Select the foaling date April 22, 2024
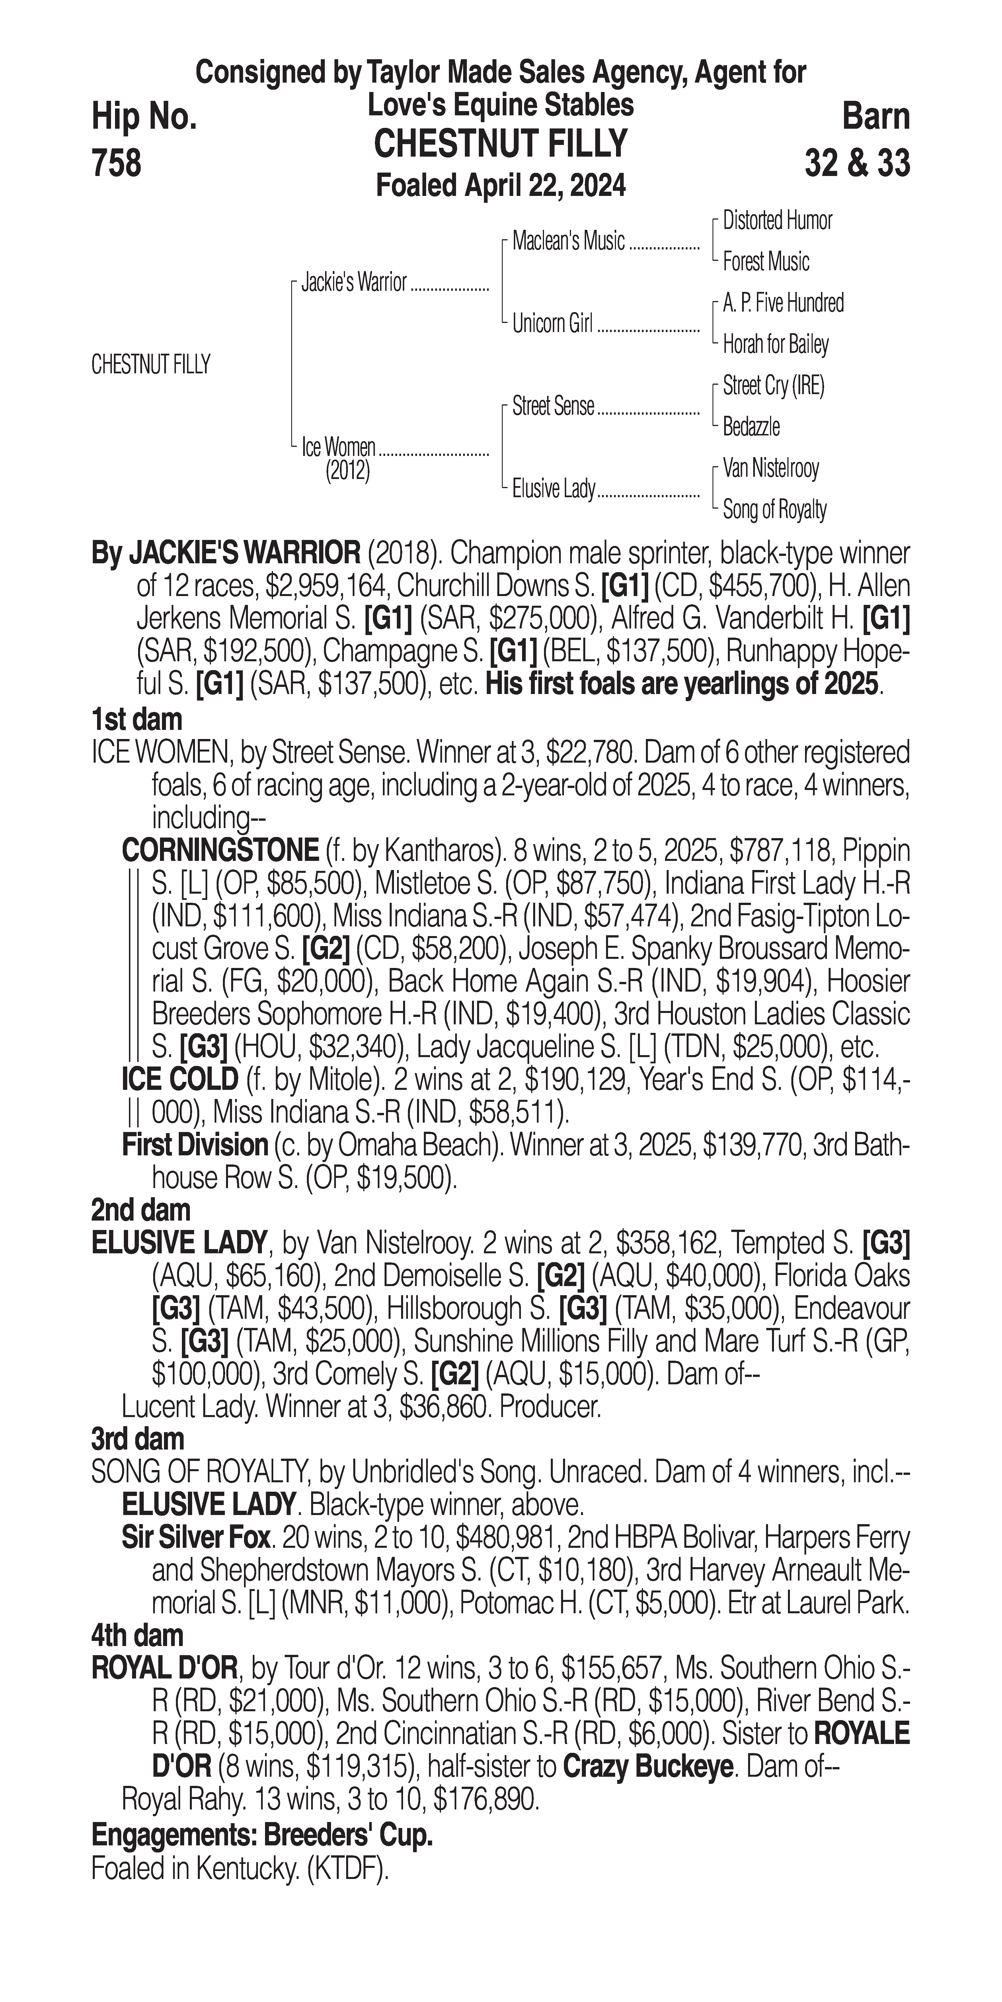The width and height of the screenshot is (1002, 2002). [501, 186]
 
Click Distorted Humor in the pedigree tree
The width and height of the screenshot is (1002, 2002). [777, 221]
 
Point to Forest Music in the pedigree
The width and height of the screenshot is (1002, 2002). [766, 262]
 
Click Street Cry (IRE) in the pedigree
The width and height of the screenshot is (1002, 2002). [773, 386]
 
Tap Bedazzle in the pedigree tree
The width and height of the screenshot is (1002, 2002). [751, 427]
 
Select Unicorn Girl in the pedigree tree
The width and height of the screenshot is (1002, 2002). [552, 323]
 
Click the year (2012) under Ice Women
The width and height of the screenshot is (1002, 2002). [347, 471]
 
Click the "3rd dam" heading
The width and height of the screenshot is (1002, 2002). [137, 1439]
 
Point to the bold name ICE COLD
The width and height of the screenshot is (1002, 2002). [179, 1079]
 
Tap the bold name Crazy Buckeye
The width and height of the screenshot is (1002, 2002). [648, 1766]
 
